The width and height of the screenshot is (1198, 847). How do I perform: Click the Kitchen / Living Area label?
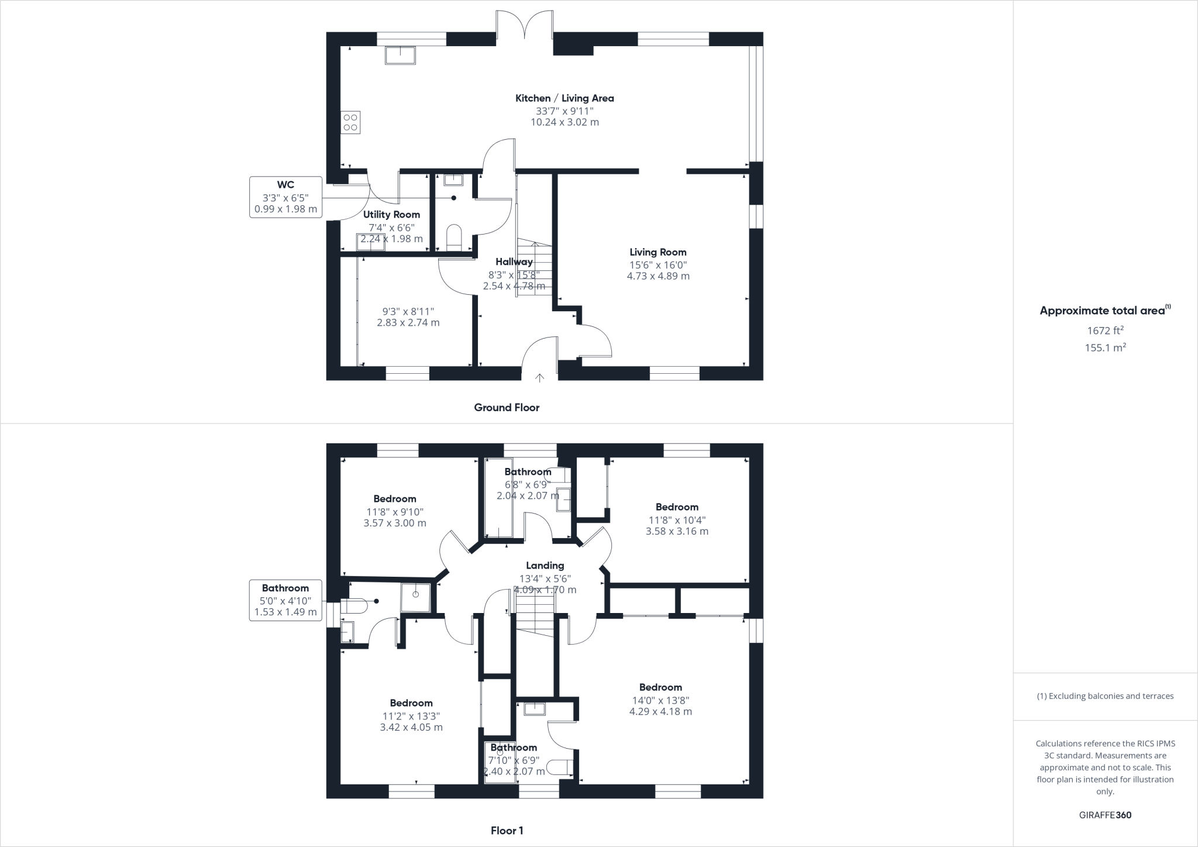pyautogui.click(x=564, y=98)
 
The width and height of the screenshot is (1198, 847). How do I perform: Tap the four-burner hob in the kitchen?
pyautogui.click(x=350, y=123)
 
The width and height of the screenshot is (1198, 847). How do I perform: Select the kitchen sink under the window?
pyautogui.click(x=400, y=55)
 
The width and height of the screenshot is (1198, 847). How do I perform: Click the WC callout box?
pyautogui.click(x=285, y=197)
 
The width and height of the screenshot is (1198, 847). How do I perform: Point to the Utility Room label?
pyautogui.click(x=391, y=215)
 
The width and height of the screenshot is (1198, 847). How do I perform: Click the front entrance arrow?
pyautogui.click(x=539, y=378)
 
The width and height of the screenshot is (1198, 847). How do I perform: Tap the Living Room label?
pyautogui.click(x=658, y=252)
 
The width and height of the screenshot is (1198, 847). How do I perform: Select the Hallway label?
pyautogui.click(x=514, y=261)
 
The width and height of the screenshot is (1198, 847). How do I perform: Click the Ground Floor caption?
pyautogui.click(x=507, y=408)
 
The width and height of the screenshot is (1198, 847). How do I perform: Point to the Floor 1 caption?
pyautogui.click(x=507, y=831)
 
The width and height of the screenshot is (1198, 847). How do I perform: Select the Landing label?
pyautogui.click(x=545, y=566)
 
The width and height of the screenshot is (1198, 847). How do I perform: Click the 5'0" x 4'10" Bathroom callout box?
pyautogui.click(x=285, y=600)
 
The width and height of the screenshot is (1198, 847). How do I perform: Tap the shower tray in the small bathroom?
pyautogui.click(x=416, y=597)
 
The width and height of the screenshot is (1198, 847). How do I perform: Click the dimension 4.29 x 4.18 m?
pyautogui.click(x=660, y=712)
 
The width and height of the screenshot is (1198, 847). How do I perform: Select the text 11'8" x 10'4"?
pyautogui.click(x=677, y=519)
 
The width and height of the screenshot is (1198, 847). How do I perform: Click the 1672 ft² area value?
pyautogui.click(x=1105, y=330)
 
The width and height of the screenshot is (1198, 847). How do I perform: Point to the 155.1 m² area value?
pyautogui.click(x=1105, y=347)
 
